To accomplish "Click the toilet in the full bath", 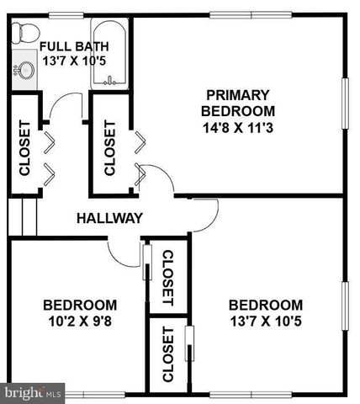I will pyautogui.click(x=25, y=34).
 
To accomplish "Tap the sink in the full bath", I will pyautogui.click(x=25, y=68).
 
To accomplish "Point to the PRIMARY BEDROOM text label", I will pyautogui.click(x=238, y=102).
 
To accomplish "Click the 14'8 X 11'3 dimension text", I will pyautogui.click(x=238, y=127).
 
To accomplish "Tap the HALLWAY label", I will pyautogui.click(x=109, y=218).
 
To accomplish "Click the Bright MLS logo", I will pyautogui.click(x=32, y=391).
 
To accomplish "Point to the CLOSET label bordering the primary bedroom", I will pyautogui.click(x=109, y=148).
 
